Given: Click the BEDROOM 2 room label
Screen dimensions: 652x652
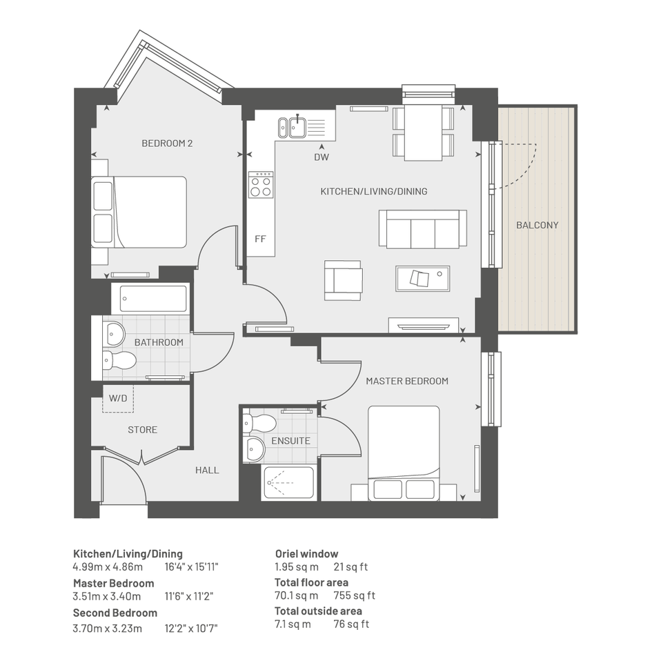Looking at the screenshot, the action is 167,144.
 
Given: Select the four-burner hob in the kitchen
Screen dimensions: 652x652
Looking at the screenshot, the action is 261,184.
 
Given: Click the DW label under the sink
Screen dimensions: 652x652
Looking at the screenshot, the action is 322,157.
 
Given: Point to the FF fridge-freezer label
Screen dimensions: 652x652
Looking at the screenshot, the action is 260,239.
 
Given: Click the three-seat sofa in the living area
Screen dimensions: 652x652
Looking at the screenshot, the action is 422,228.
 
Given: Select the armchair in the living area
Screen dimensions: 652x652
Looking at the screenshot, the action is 344,280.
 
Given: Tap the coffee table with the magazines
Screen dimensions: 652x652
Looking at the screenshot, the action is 423,279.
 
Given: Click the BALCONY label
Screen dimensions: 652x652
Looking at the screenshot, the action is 537,226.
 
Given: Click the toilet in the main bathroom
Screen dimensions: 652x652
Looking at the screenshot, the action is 120,360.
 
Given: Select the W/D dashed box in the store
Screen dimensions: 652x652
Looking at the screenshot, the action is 118,398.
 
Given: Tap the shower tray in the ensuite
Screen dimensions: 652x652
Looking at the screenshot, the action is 288,483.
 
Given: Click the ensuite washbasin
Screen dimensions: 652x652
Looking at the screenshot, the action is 255,449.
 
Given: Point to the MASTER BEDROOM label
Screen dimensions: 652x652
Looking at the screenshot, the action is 407,382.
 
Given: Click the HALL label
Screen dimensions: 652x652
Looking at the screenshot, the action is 207,471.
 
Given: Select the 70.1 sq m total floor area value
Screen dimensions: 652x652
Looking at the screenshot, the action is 297,595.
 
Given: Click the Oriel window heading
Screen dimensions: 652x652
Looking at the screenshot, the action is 307,554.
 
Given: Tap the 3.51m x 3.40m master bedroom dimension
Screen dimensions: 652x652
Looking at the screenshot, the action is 107,596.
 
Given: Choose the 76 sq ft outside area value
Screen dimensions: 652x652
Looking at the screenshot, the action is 351,624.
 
